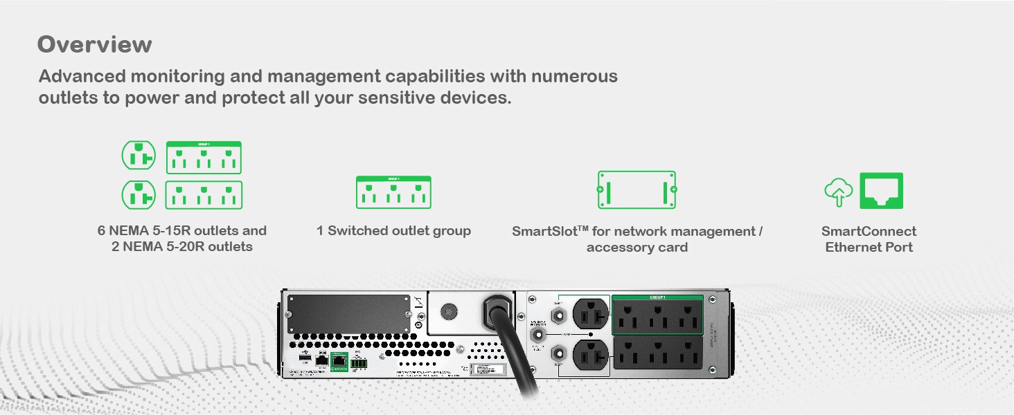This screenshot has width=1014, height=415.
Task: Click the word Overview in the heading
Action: [95, 44]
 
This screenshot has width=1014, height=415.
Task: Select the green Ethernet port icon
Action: [881, 191]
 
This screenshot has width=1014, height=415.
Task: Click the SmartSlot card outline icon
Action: [637, 190]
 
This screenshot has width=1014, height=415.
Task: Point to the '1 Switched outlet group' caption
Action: [393, 231]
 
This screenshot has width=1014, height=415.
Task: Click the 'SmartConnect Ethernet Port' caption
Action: [869, 239]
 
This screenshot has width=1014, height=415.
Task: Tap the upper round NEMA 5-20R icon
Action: [139, 156]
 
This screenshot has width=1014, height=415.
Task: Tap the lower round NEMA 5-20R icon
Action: [139, 194]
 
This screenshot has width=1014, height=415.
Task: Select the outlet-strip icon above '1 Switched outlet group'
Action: [393, 192]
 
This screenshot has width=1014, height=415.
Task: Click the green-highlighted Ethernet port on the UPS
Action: [339, 359]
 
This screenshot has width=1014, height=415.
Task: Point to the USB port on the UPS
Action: [305, 358]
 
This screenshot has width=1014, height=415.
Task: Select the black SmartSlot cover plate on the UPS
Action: [350, 314]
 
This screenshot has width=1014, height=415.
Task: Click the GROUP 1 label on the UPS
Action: [657, 297]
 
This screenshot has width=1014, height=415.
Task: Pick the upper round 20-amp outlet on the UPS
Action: [589, 313]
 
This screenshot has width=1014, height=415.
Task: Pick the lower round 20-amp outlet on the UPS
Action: [589, 354]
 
